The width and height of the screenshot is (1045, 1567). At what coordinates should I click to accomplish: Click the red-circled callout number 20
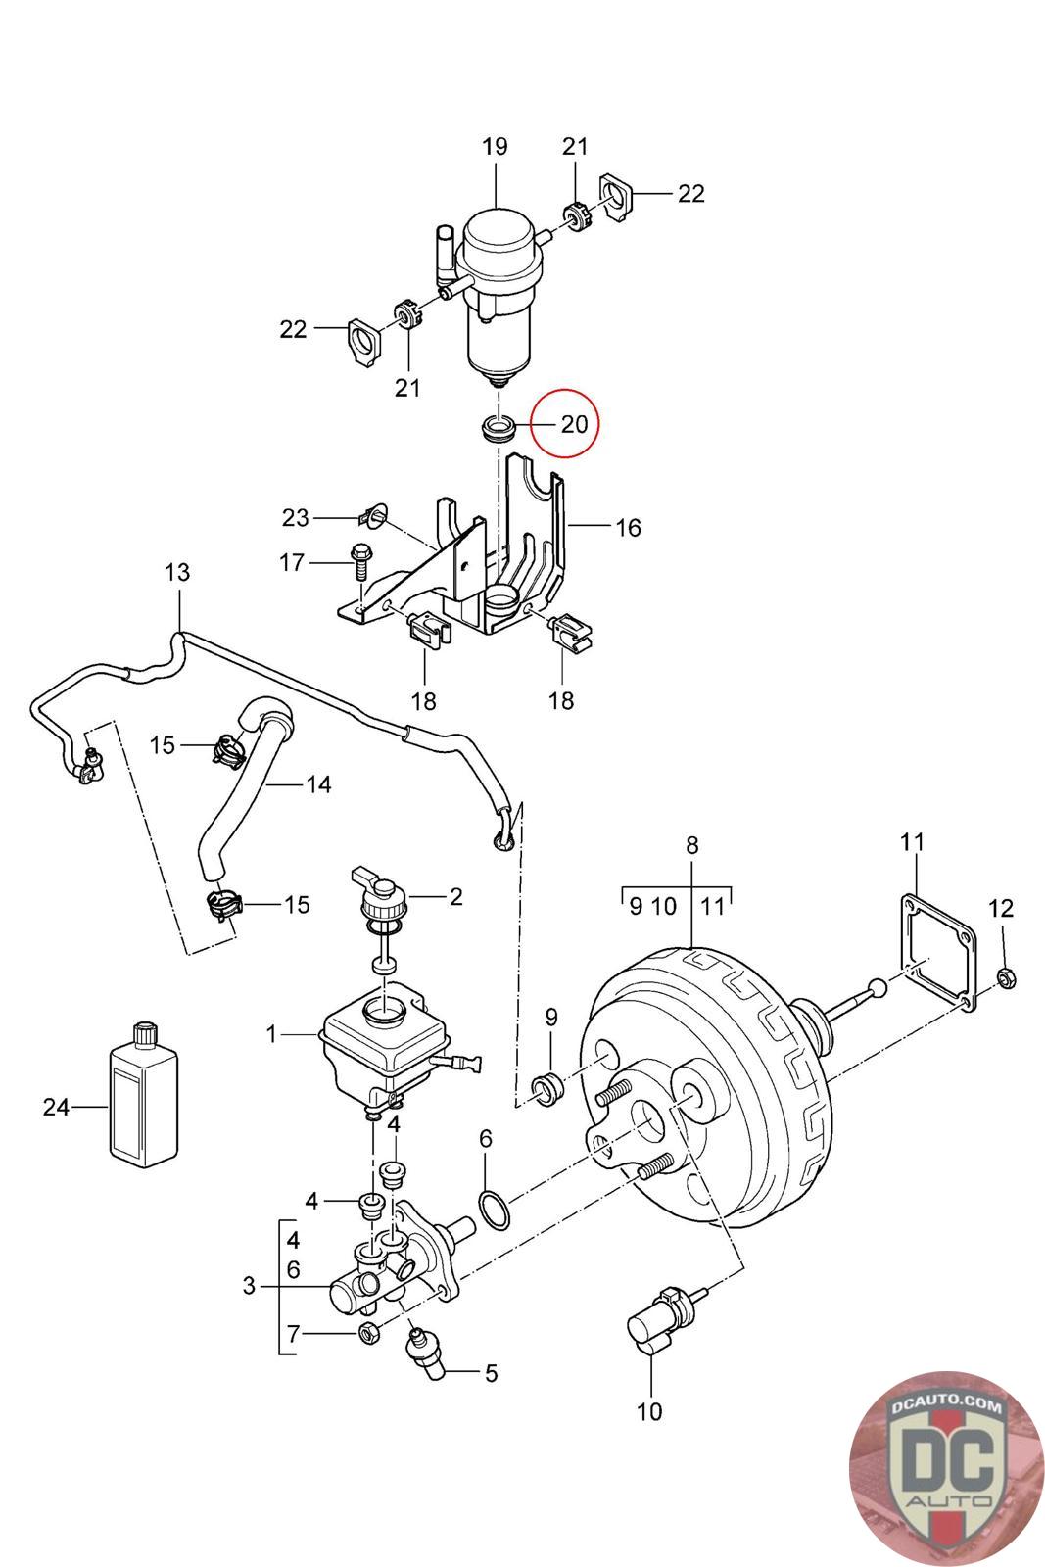click(574, 424)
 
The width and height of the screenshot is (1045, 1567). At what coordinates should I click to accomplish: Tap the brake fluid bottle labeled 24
click(144, 1096)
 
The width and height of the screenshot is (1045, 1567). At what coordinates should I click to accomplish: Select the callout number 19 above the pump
click(495, 146)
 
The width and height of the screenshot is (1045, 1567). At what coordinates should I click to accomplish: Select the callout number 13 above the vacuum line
click(177, 572)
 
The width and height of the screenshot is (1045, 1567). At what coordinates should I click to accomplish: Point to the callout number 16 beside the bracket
click(628, 528)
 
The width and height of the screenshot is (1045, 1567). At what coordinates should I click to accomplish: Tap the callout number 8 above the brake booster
click(691, 845)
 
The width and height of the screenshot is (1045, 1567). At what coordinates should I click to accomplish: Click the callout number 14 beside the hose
click(318, 784)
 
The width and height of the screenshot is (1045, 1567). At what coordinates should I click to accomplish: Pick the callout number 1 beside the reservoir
click(271, 1034)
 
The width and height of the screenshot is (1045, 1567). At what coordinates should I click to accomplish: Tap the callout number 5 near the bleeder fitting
click(491, 1372)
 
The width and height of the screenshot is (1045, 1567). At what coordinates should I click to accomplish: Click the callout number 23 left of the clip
click(295, 518)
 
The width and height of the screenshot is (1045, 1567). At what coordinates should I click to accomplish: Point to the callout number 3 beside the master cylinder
click(249, 1286)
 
